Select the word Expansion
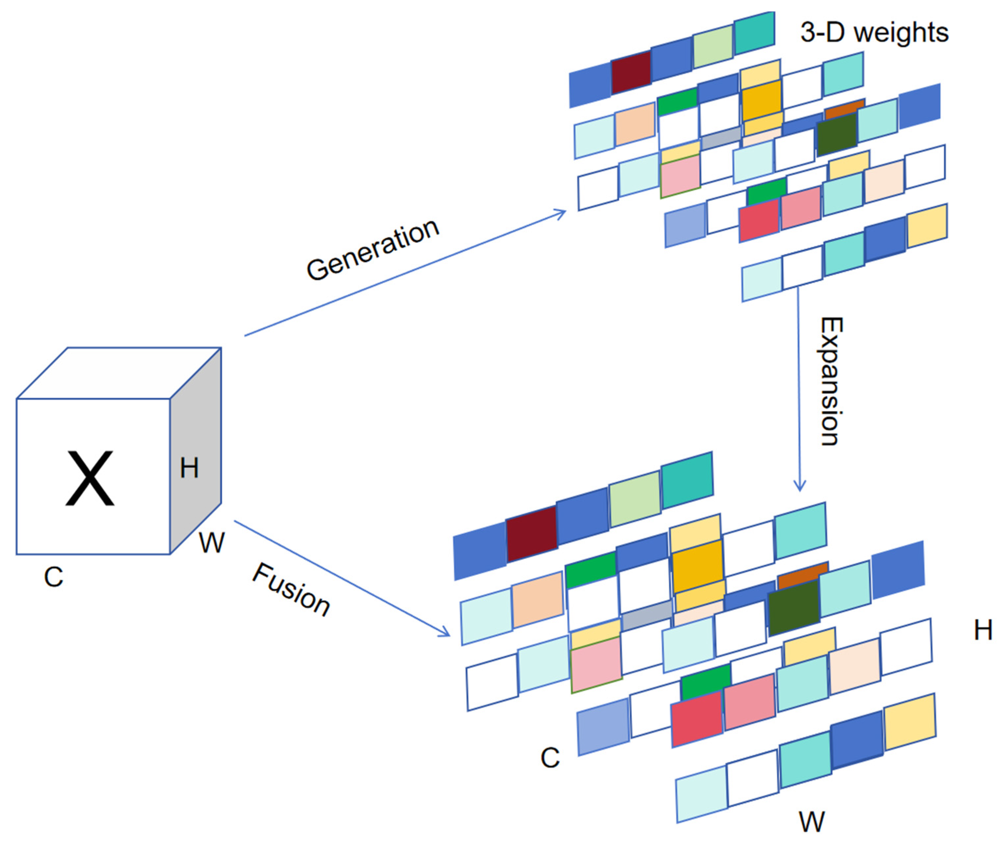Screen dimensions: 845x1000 [x=831, y=381]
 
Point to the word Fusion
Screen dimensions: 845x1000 [x=291, y=589]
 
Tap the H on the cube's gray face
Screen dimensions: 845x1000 [x=189, y=468]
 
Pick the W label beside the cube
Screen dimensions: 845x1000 [x=211, y=543]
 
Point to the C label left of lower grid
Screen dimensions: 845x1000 [x=550, y=758]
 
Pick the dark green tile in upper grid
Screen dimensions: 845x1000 [x=836, y=134]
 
